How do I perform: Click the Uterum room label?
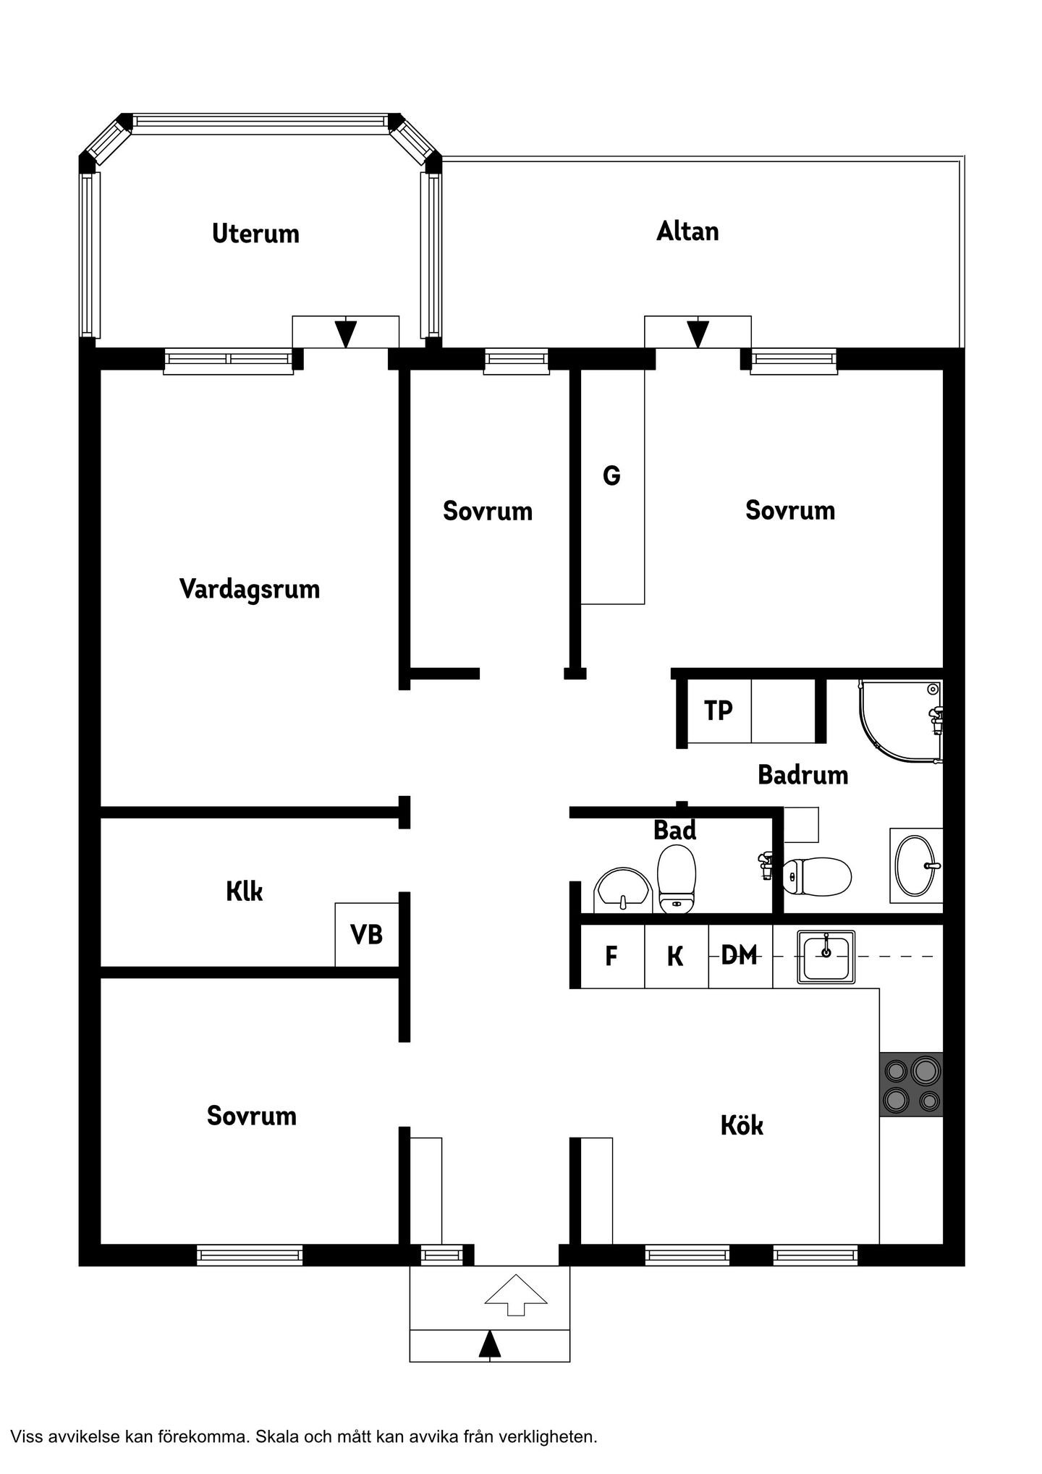(255, 234)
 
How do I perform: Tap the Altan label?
(687, 232)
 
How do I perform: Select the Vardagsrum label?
(250, 589)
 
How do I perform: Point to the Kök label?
(742, 1125)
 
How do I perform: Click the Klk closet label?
(245, 891)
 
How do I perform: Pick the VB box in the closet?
(367, 934)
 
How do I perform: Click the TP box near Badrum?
(719, 711)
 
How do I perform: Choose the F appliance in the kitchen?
(612, 956)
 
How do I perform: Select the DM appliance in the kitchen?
(740, 956)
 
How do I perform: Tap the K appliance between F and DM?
(676, 956)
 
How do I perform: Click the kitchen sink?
(826, 957)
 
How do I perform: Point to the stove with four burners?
(911, 1084)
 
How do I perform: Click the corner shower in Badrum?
(901, 721)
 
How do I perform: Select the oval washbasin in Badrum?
(916, 865)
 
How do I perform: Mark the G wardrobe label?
(611, 476)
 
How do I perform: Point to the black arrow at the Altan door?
(698, 333)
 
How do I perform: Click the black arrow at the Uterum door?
(346, 333)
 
